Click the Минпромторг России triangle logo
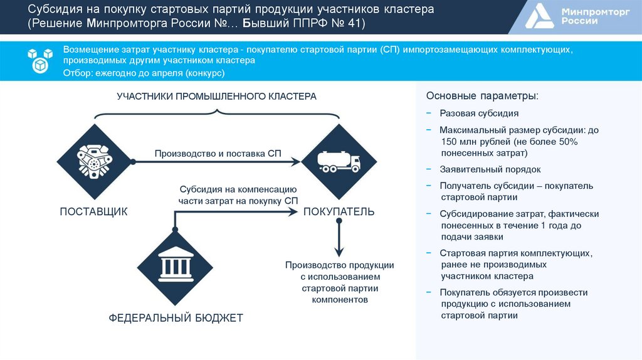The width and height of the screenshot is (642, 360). pyautogui.click(x=539, y=18)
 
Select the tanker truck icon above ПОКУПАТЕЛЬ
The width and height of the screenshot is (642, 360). pyautogui.click(x=339, y=162)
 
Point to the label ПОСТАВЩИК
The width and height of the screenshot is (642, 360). pyautogui.click(x=93, y=212)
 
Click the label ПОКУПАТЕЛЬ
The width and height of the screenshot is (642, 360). pyautogui.click(x=339, y=212)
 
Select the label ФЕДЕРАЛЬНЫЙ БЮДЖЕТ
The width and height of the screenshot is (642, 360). pyautogui.click(x=176, y=318)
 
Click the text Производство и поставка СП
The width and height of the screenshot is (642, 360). pyautogui.click(x=218, y=153)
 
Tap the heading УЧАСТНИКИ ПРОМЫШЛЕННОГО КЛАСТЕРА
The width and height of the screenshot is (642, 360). pyautogui.click(x=216, y=97)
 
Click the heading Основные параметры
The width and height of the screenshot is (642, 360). pyautogui.click(x=481, y=97)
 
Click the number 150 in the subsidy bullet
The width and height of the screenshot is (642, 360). pyautogui.click(x=449, y=142)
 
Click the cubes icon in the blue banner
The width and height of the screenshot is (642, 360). pyautogui.click(x=39, y=61)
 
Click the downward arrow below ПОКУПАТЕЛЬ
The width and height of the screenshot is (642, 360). pyautogui.click(x=339, y=238)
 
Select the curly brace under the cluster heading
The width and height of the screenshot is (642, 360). pyautogui.click(x=216, y=113)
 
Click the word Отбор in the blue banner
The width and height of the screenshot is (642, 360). pyautogui.click(x=77, y=73)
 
